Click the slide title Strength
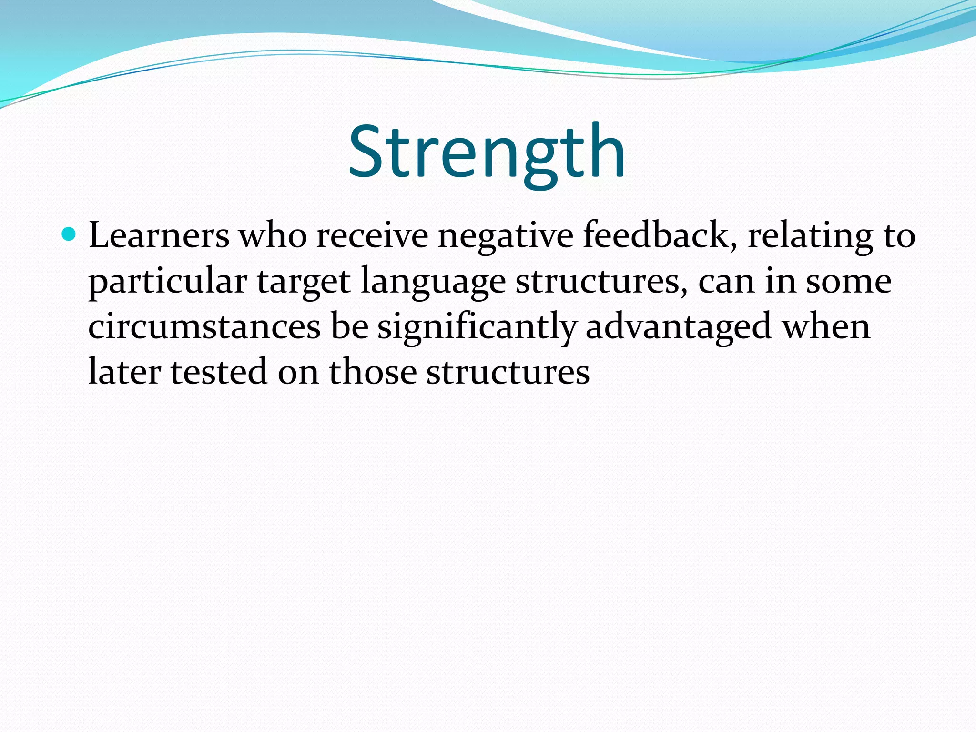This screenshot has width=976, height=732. click(x=487, y=152)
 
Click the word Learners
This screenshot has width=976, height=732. click(x=159, y=236)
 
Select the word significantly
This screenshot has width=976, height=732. click(x=477, y=328)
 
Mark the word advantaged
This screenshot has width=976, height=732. click(x=678, y=328)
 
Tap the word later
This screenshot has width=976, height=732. click(x=124, y=372)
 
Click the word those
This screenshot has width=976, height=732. click(x=373, y=372)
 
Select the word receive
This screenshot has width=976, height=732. click(x=372, y=236)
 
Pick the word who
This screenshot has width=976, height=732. click(x=273, y=236)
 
